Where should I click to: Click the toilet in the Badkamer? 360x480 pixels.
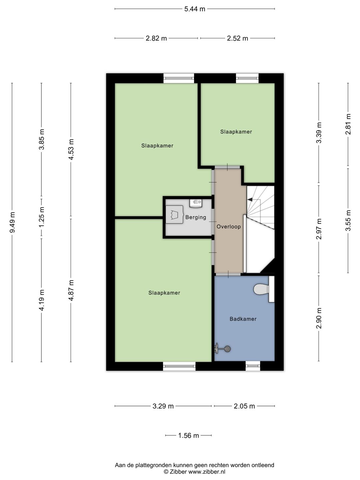click(264, 289)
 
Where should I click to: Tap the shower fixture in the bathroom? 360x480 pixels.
click(222, 349)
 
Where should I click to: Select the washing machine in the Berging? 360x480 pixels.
click(174, 215)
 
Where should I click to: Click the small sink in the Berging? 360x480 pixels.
click(196, 203)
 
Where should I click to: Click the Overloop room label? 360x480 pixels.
click(229, 227)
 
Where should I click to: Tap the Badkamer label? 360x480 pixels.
click(243, 319)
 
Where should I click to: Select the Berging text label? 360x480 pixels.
click(196, 217)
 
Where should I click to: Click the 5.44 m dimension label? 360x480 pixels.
click(195, 9)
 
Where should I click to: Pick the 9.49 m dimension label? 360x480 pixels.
click(12, 222)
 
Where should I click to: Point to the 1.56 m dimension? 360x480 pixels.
click(188, 435)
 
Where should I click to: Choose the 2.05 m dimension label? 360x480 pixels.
click(244, 406)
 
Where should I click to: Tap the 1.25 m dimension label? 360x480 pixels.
click(42, 217)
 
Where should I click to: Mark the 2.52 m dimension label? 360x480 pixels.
click(237, 38)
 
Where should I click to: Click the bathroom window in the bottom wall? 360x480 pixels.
click(253, 366)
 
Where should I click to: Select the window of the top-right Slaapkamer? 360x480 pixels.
click(247, 78)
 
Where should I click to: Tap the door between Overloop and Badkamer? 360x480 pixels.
click(228, 274)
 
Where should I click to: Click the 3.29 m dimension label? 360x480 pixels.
click(163, 406)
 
